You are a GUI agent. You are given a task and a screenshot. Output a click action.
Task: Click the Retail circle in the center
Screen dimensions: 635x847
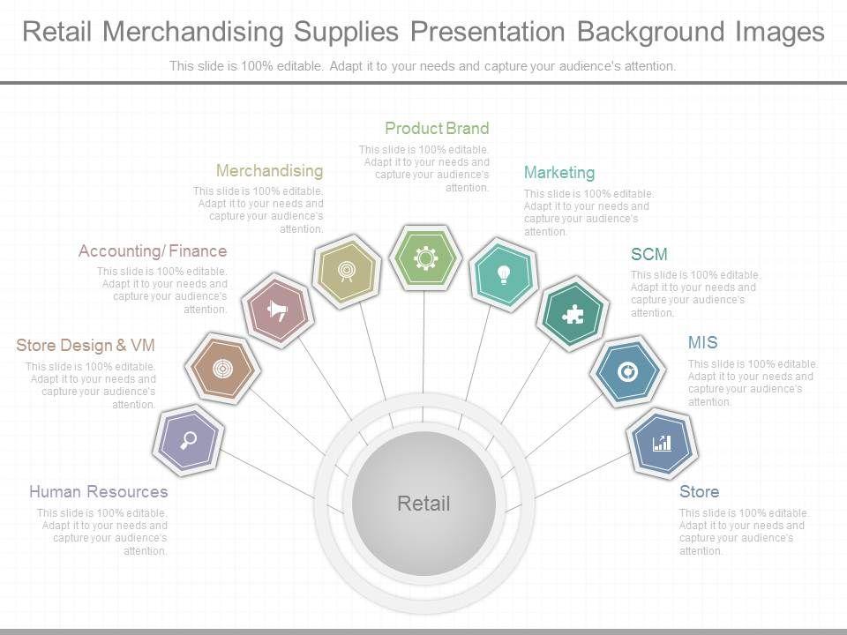point(423,504)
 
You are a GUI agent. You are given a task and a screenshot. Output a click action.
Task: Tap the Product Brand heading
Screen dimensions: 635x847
point(437,129)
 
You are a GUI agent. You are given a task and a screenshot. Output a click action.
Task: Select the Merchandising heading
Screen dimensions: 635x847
point(269,170)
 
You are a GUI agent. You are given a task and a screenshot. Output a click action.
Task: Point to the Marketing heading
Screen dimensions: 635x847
point(559,173)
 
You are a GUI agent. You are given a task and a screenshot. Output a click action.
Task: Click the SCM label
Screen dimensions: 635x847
point(648,255)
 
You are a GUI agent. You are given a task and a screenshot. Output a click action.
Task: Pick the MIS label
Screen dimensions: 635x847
point(702,343)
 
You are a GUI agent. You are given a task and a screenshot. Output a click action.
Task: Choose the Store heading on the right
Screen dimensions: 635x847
point(699,492)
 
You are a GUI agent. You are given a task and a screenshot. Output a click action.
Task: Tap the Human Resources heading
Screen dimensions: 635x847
point(98,492)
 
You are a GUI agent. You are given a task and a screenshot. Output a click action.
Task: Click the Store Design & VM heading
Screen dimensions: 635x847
point(86,345)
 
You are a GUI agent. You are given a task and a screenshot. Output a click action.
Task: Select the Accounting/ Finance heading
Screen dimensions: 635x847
point(153,251)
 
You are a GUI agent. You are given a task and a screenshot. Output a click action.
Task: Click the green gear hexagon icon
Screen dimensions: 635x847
point(425,257)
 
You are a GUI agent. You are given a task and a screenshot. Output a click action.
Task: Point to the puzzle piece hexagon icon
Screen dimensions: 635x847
point(573,313)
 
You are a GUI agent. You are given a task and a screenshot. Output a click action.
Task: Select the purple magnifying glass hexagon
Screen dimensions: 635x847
point(189,438)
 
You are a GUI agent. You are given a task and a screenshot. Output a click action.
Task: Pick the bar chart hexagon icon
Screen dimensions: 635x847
point(662,443)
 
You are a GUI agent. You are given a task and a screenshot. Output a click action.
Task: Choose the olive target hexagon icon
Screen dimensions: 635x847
point(347,270)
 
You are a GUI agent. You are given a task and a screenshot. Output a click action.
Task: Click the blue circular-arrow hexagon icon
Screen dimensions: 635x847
point(628,372)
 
